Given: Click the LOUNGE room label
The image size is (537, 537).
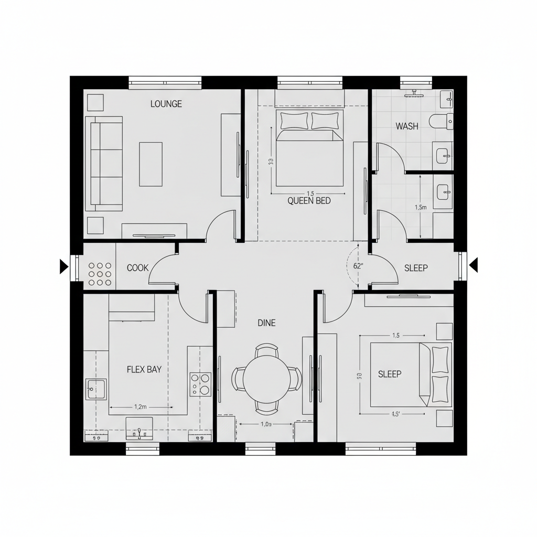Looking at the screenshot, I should [x=166, y=104].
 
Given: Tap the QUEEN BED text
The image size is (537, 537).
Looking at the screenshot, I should [x=309, y=200].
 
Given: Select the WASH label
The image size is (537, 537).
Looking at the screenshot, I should [x=407, y=126].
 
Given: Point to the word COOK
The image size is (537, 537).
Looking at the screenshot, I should [x=138, y=268].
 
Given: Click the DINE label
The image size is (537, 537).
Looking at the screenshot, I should [x=266, y=323].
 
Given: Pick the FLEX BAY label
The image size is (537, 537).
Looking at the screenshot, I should [x=144, y=369].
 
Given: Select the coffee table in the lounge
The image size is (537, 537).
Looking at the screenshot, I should [x=151, y=164].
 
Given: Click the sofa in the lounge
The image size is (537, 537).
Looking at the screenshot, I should [x=104, y=164].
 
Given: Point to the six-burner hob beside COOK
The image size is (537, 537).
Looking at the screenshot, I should [x=100, y=274].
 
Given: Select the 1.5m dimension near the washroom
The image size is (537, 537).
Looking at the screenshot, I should [x=421, y=207].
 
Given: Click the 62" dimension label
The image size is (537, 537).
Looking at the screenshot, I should [x=359, y=266].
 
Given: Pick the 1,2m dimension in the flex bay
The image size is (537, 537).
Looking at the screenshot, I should [x=140, y=406].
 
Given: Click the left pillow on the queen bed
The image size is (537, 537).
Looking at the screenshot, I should [x=295, y=121].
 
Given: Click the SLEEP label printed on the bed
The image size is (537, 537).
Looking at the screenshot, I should [x=390, y=374].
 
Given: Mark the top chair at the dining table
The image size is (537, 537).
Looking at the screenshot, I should [x=266, y=349].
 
